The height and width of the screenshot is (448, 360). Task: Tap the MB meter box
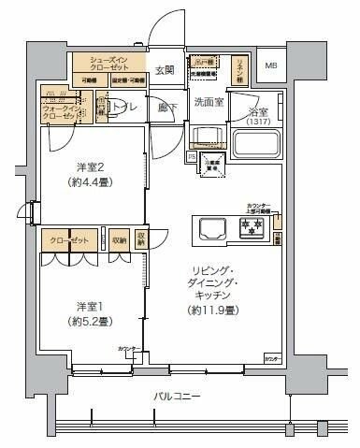(271, 65)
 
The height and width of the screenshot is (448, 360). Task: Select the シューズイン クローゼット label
(110, 63)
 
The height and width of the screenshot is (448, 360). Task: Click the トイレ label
(123, 108)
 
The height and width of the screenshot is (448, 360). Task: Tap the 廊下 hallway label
(166, 107)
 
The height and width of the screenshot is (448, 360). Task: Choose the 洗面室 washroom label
(206, 101)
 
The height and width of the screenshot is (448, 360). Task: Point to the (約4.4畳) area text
(88, 182)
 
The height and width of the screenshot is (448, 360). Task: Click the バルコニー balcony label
(178, 397)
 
